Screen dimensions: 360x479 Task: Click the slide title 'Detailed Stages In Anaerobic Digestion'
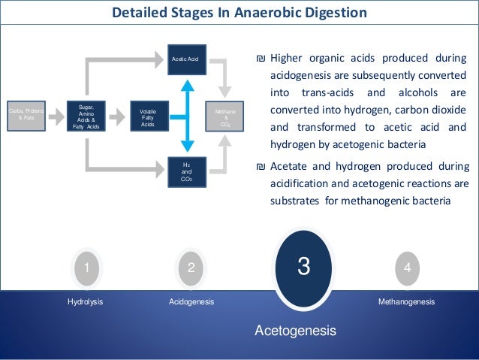(x=239, y=13)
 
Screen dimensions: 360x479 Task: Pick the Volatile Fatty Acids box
(x=148, y=116)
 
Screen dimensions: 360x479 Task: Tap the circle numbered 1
(x=87, y=267)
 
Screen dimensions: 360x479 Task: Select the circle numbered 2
(x=191, y=267)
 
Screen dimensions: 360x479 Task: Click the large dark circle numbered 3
(x=303, y=267)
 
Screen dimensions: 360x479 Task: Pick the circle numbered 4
(x=406, y=267)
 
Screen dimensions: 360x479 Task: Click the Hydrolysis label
(x=85, y=301)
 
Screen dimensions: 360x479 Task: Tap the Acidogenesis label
(x=191, y=301)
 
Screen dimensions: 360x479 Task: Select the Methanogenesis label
(x=406, y=301)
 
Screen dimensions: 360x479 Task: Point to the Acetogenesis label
(x=295, y=330)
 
